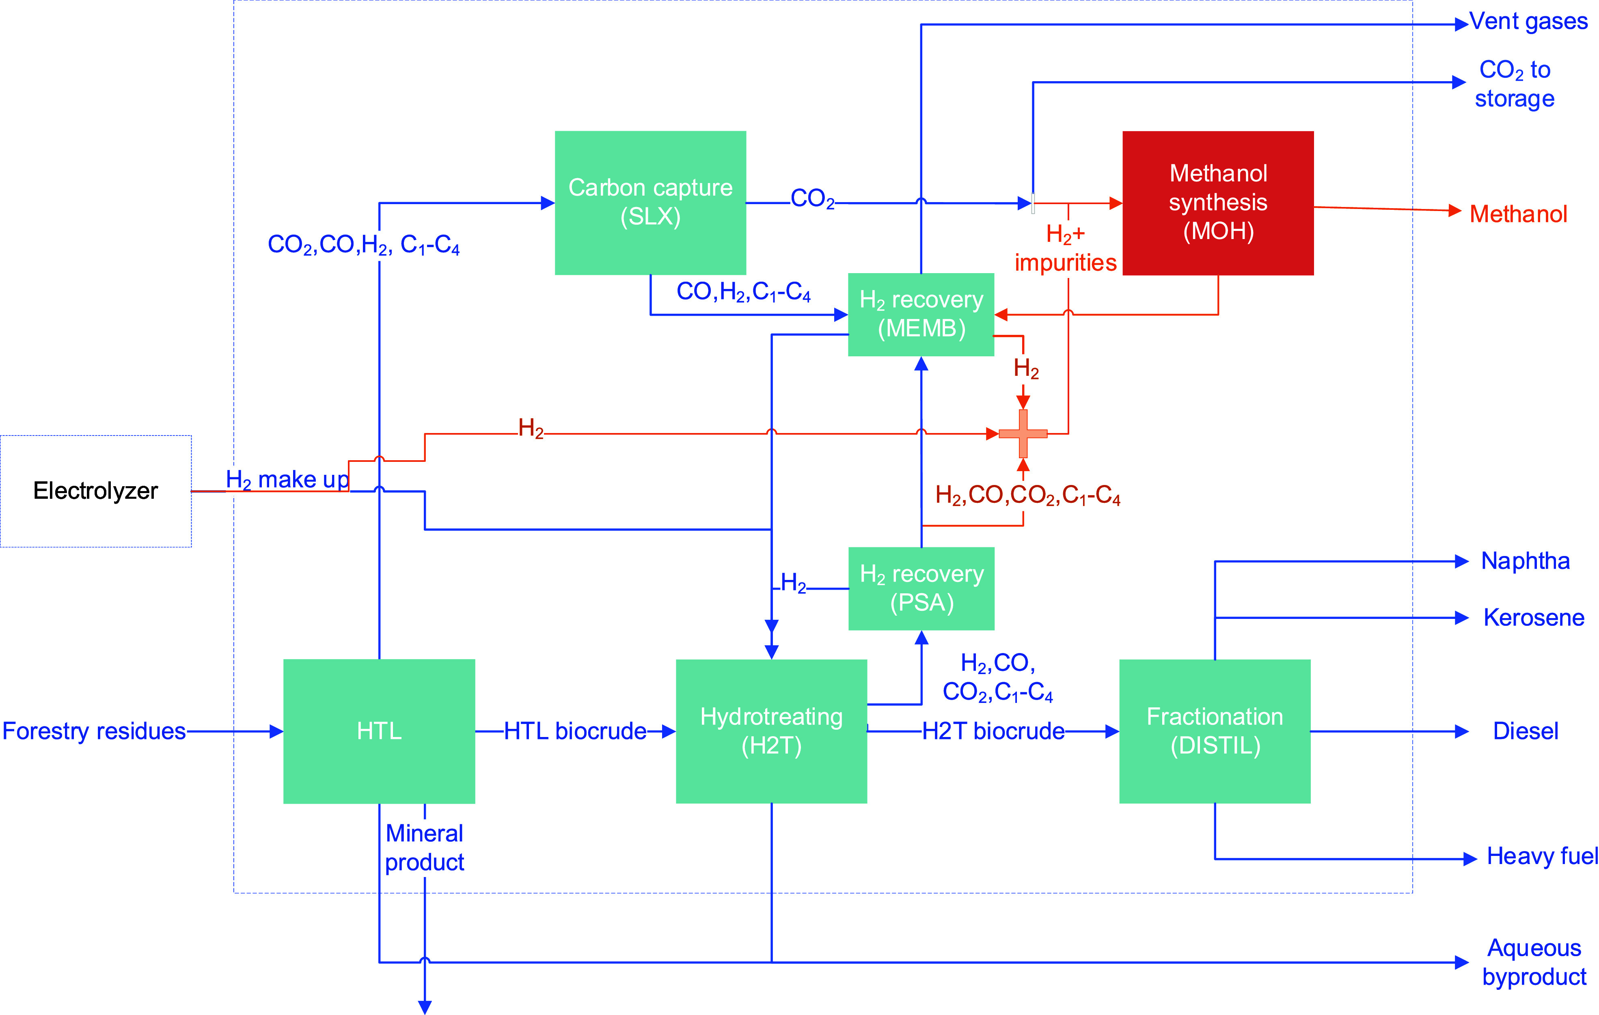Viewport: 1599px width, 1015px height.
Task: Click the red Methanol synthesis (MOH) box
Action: (x=1218, y=203)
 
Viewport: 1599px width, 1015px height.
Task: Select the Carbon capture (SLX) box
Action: (x=650, y=203)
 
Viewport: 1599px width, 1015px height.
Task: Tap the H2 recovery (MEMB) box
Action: (x=921, y=314)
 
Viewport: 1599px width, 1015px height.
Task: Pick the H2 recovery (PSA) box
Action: (x=921, y=588)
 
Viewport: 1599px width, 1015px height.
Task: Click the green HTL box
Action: (x=379, y=731)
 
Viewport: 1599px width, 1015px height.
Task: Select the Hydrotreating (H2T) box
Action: (x=771, y=731)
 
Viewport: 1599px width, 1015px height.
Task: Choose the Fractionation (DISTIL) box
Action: (x=1215, y=731)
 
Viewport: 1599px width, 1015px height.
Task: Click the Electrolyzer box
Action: (x=96, y=491)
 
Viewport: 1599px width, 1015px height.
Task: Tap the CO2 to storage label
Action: (x=1515, y=84)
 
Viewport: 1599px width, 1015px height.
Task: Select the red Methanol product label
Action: (x=1518, y=214)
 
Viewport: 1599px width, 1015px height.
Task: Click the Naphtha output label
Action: (x=1525, y=561)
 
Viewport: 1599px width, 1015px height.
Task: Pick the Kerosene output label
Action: (x=1533, y=617)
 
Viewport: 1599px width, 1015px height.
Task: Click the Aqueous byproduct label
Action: (x=1534, y=962)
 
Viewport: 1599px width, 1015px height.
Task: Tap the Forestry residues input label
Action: (x=94, y=731)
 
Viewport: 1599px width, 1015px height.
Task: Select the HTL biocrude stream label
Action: (x=575, y=731)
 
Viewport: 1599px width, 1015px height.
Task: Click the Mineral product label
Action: (x=424, y=848)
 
